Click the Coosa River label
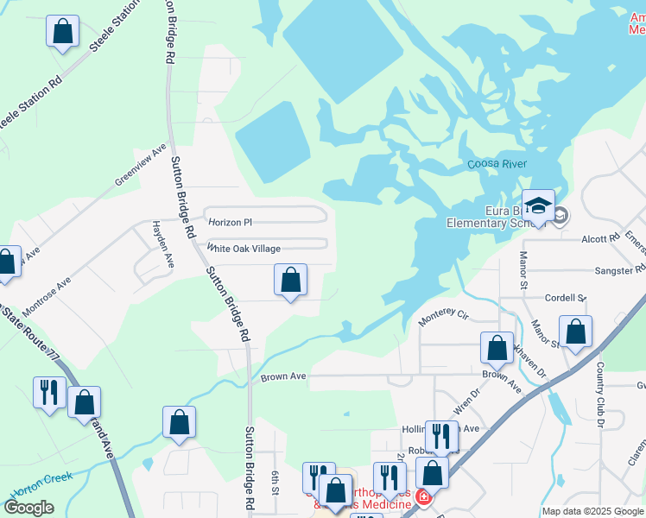point(497,164)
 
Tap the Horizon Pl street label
point(231,223)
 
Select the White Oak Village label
point(244,249)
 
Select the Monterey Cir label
point(442,318)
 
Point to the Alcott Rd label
point(601,238)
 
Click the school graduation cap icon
point(537,205)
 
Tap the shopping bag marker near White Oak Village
point(290,280)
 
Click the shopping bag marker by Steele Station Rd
point(62,32)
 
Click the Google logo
point(28,508)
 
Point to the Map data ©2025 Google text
point(592,511)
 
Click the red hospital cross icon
point(423,497)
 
